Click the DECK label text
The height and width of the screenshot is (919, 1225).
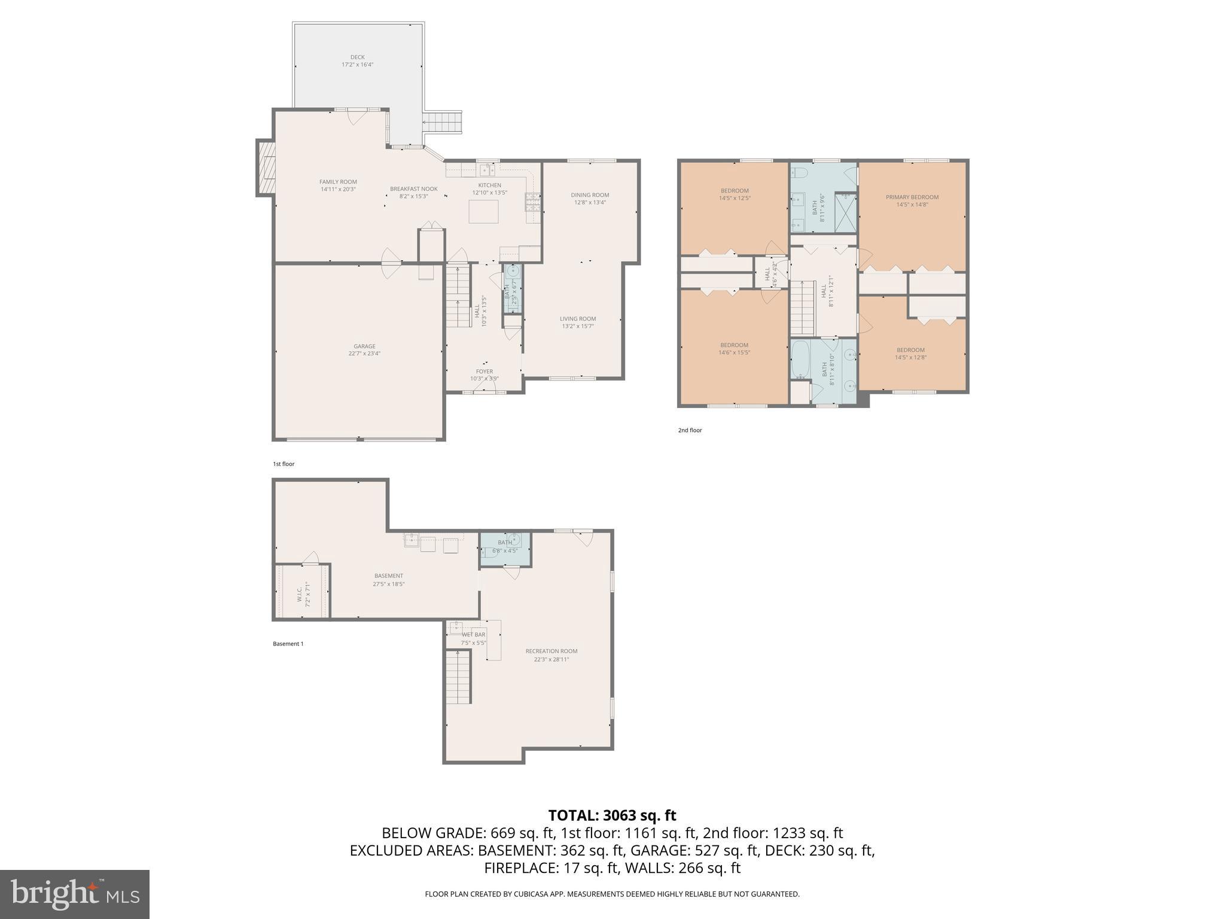click(x=357, y=57)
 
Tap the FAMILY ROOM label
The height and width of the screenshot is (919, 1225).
click(x=338, y=182)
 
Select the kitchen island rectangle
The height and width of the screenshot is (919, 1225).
click(x=483, y=212)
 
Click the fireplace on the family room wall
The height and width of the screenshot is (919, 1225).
click(x=266, y=168)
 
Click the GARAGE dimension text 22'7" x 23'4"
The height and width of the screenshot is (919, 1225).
click(x=364, y=354)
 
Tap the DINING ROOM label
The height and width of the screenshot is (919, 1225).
click(x=590, y=195)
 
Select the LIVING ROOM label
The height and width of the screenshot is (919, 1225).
click(x=578, y=319)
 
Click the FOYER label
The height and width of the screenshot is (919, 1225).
click(x=484, y=372)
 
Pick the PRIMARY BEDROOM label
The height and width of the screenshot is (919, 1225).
click(x=912, y=197)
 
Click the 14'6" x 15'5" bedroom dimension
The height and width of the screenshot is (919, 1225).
click(x=734, y=353)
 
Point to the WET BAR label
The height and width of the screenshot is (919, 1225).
click(x=474, y=635)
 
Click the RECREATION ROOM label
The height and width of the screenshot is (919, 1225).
click(x=551, y=652)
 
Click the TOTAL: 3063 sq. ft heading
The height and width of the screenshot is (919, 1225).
click(x=612, y=815)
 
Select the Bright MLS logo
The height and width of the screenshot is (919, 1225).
click(x=75, y=894)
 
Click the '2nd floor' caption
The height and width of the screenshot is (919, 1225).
click(x=690, y=430)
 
